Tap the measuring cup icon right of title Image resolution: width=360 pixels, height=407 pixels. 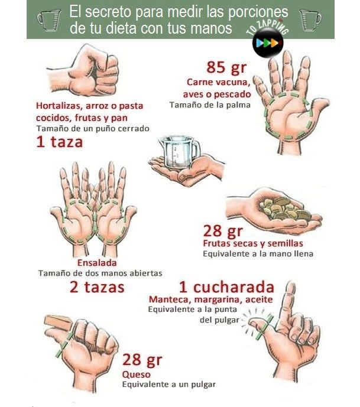point(310,19)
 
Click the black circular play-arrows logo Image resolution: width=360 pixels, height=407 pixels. point(268,44)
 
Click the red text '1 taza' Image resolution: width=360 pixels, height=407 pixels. point(59,142)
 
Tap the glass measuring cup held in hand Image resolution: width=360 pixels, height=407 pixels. point(179,152)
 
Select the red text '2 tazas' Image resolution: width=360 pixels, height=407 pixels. point(97,288)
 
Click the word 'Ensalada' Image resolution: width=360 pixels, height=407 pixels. point(97,262)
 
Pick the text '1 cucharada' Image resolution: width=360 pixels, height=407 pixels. point(226,288)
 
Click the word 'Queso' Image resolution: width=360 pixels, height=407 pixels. point(136,374)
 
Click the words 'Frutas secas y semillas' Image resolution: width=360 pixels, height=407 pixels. point(252,243)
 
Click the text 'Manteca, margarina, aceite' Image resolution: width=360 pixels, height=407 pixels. point(210,299)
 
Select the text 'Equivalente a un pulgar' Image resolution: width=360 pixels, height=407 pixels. point(168,384)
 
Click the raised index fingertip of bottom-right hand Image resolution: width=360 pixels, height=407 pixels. point(289,288)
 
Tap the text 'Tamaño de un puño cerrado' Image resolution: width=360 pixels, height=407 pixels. point(92,128)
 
